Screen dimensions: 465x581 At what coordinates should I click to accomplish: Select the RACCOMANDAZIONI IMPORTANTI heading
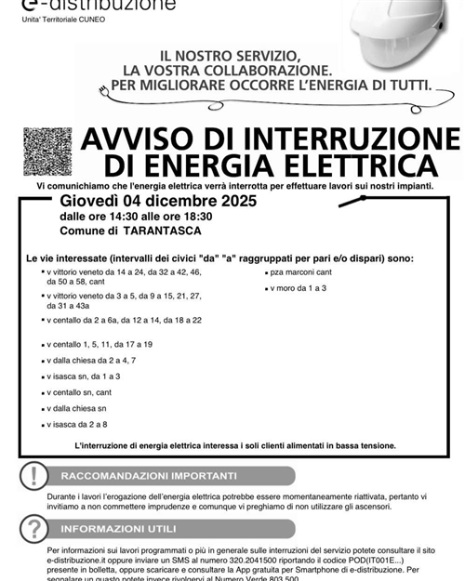[x=149, y=476]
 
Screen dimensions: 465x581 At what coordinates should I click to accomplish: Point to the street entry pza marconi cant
[x=302, y=273]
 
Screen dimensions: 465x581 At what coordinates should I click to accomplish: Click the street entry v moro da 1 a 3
[x=299, y=288]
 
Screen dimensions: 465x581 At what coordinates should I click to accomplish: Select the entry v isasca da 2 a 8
[x=78, y=425]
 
